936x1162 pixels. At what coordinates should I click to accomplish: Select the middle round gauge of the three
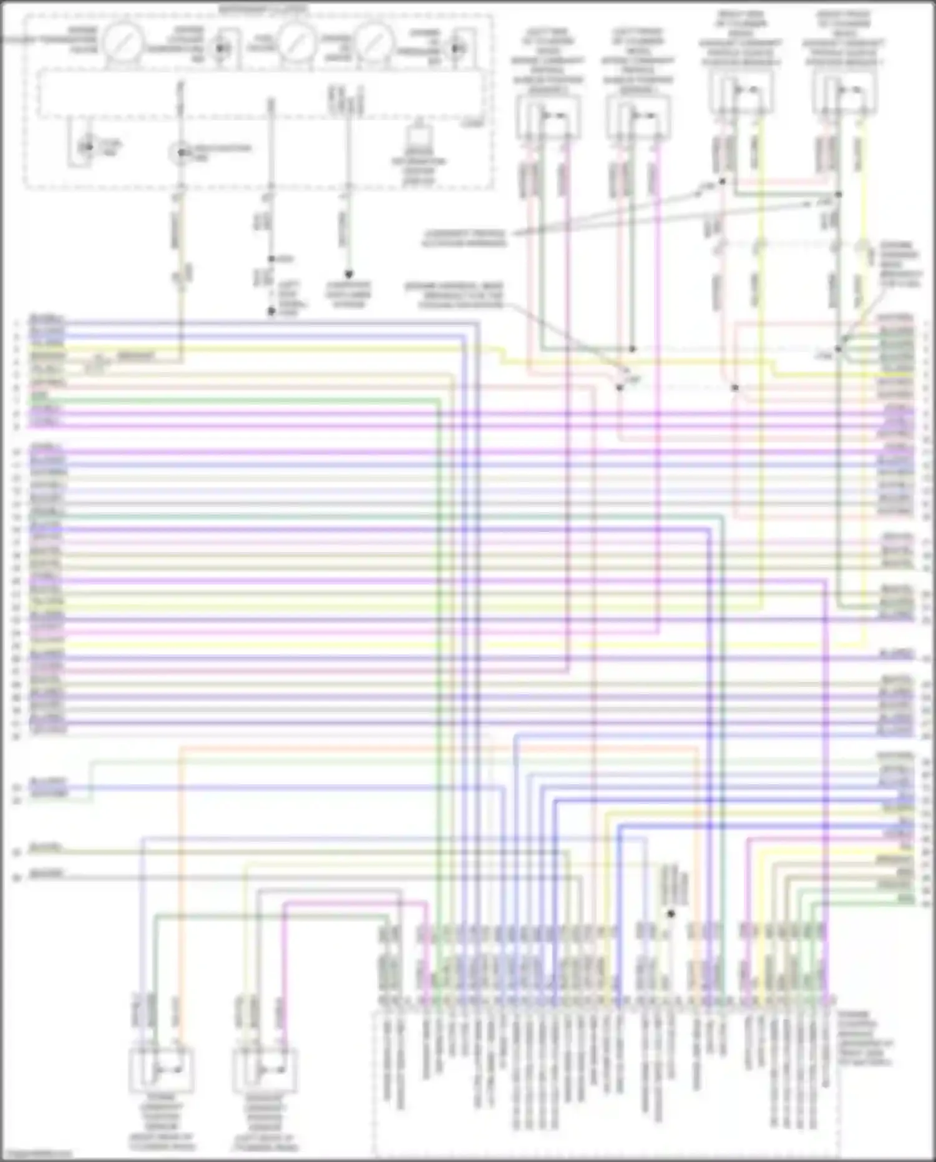296,42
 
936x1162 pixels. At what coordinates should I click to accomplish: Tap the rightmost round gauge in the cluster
374,42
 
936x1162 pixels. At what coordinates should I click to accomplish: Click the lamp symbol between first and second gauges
220,47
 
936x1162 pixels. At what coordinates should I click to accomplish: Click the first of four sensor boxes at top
548,117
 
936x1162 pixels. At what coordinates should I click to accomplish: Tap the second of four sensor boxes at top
638,117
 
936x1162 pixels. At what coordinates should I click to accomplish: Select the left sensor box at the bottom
162,1070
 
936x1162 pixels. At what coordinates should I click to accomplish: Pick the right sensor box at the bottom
265,1070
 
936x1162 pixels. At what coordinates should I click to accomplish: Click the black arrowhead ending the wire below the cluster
349,274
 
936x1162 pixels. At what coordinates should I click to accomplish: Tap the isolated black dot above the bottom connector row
671,913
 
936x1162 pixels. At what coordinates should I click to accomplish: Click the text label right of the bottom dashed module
865,1038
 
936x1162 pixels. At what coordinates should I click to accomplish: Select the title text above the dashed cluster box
262,9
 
